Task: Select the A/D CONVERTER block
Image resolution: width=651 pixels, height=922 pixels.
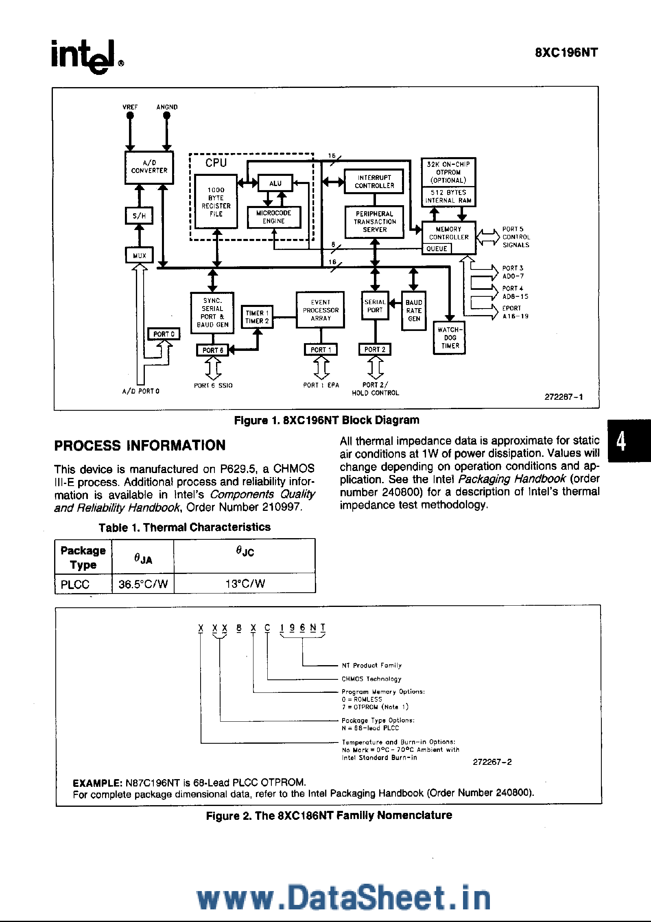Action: [x=149, y=167]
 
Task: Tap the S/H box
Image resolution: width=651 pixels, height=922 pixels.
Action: [x=139, y=216]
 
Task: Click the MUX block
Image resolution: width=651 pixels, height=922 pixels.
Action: [x=139, y=255]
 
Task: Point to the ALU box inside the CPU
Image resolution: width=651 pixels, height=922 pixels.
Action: [x=275, y=183]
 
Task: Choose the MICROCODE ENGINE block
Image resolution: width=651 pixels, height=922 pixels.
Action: [x=274, y=217]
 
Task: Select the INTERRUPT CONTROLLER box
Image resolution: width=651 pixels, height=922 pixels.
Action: [x=374, y=182]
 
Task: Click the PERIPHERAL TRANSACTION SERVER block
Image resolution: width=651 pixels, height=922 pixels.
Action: [x=374, y=222]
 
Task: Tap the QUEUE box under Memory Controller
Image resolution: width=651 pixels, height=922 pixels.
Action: [x=437, y=249]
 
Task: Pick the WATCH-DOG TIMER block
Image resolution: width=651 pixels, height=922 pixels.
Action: [x=450, y=338]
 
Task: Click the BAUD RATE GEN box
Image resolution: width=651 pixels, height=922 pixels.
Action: [x=414, y=311]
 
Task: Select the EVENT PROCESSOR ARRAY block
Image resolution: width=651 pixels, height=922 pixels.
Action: [x=320, y=310]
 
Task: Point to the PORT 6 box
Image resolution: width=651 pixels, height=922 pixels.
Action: [x=213, y=350]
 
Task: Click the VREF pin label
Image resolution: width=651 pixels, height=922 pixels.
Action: [x=130, y=107]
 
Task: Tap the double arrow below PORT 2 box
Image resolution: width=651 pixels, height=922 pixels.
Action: [x=375, y=368]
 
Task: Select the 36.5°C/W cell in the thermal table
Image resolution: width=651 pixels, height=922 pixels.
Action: [x=143, y=584]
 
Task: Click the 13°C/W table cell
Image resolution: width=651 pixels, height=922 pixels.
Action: [x=245, y=584]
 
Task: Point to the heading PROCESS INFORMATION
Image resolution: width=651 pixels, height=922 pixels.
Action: [x=140, y=445]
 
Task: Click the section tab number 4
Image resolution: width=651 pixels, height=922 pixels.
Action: [x=621, y=441]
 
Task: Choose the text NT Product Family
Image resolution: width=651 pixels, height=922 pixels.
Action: [x=371, y=666]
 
